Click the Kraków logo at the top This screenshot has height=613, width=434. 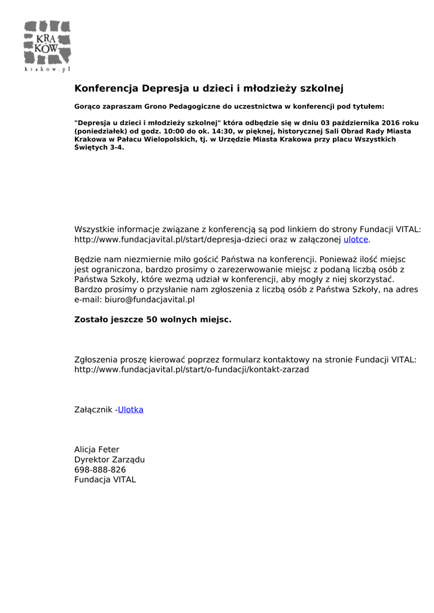[47, 45]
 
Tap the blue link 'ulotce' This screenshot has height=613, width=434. [356, 239]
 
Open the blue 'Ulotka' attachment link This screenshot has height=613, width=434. [130, 409]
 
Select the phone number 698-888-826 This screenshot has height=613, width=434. [100, 470]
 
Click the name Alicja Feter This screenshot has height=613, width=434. [97, 450]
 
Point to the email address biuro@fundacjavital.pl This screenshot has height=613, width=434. [150, 299]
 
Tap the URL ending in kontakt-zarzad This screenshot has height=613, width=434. [192, 369]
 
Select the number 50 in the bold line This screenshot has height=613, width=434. [151, 320]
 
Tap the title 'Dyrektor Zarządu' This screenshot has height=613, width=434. [110, 460]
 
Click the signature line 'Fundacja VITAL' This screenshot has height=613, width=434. [105, 480]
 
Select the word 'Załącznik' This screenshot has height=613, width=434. [93, 409]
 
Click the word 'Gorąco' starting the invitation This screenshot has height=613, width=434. [87, 106]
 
